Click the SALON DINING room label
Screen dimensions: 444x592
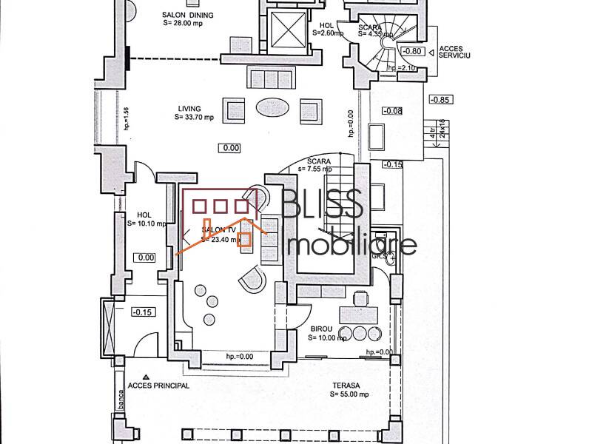(188, 15)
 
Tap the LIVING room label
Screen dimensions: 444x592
(189, 108)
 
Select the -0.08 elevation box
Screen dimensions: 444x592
(392, 111)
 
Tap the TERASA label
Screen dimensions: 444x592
(345, 386)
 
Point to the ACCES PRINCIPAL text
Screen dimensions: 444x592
(158, 386)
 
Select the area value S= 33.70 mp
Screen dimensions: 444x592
(194, 117)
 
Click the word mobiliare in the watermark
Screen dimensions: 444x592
(351, 244)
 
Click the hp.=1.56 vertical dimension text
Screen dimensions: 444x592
(127, 118)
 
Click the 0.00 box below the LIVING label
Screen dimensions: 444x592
(230, 148)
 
